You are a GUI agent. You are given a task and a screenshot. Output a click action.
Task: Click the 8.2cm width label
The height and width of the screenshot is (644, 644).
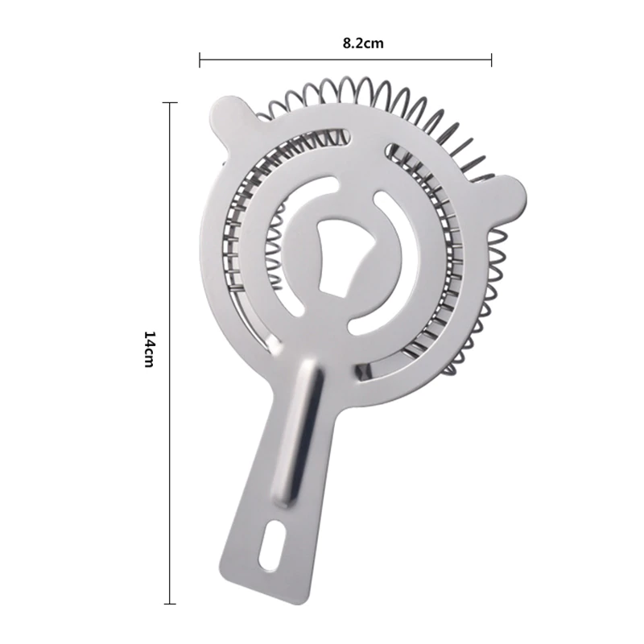(x=363, y=43)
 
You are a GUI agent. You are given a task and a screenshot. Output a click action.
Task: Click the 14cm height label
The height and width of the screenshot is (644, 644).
(x=149, y=349)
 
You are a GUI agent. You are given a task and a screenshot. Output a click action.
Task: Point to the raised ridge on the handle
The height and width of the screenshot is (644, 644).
(x=299, y=431)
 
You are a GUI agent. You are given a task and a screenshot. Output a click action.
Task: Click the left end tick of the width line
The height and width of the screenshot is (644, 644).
(x=200, y=60)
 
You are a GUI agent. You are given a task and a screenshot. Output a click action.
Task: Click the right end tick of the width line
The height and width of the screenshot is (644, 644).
(x=491, y=60)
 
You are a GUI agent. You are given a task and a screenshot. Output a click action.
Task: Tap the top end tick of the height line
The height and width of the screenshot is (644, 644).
(x=171, y=103)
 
